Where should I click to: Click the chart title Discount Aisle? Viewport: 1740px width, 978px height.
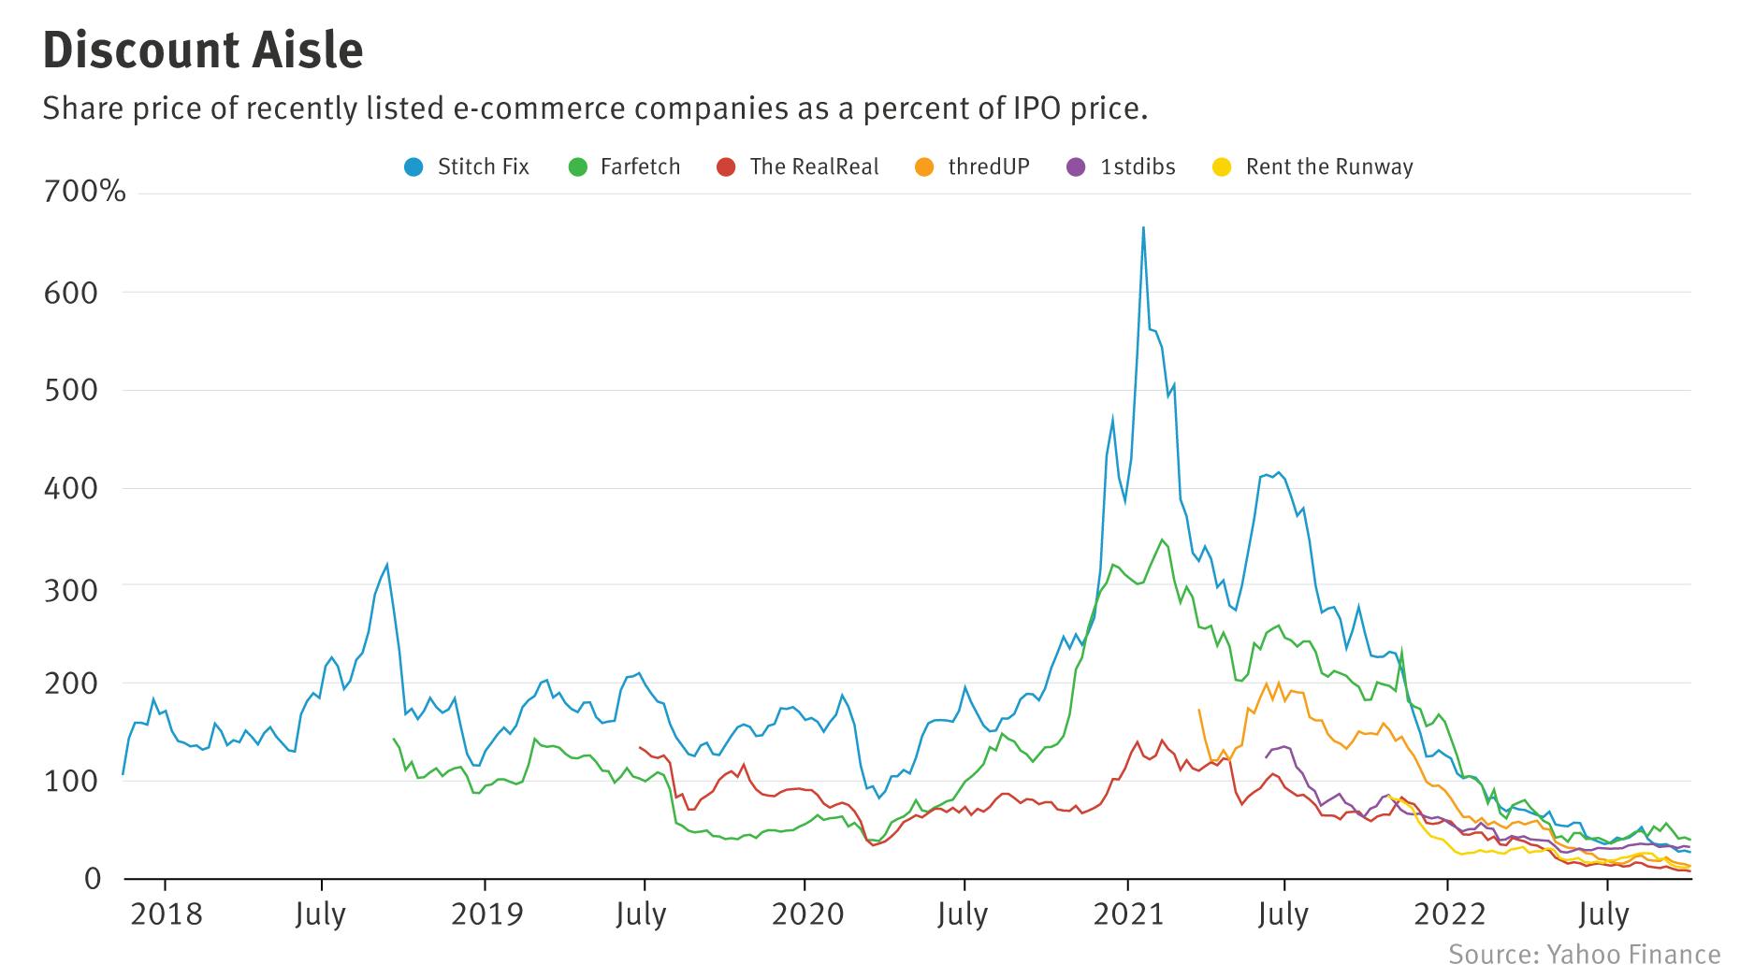[x=203, y=50]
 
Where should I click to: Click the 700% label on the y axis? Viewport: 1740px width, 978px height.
[x=84, y=193]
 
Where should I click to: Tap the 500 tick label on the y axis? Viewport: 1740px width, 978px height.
[x=70, y=390]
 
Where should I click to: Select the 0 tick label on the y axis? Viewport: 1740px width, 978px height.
[x=92, y=878]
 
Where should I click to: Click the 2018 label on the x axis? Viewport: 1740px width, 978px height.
[x=167, y=913]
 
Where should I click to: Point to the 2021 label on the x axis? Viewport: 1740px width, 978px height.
[x=1128, y=913]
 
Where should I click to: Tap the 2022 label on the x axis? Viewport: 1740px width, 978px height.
[x=1449, y=913]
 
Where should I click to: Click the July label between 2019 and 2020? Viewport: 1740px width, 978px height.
[x=641, y=913]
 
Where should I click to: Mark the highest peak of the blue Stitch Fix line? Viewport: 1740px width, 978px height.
[x=1143, y=227]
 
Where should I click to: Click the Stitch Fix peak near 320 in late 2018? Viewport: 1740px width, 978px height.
[x=386, y=565]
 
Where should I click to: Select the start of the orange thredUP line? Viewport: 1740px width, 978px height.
[x=1198, y=710]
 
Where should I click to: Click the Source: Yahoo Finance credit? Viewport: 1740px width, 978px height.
[x=1584, y=954]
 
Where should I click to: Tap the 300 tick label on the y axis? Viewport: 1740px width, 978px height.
[x=70, y=585]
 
